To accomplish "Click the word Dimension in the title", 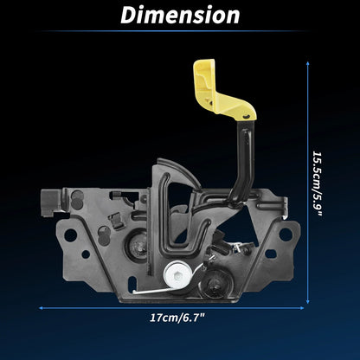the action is (180, 15).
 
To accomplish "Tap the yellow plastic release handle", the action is (222, 93).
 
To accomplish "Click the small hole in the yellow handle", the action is (246, 116).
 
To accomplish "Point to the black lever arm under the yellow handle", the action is (244, 162).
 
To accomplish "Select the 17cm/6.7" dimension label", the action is (177, 318).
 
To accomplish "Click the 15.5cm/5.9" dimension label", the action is (318, 183).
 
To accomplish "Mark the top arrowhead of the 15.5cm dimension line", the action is (308, 63).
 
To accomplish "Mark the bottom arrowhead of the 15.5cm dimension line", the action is (308, 301).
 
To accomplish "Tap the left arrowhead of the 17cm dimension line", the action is (42, 308).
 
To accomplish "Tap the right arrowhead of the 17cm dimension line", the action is (301, 308).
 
